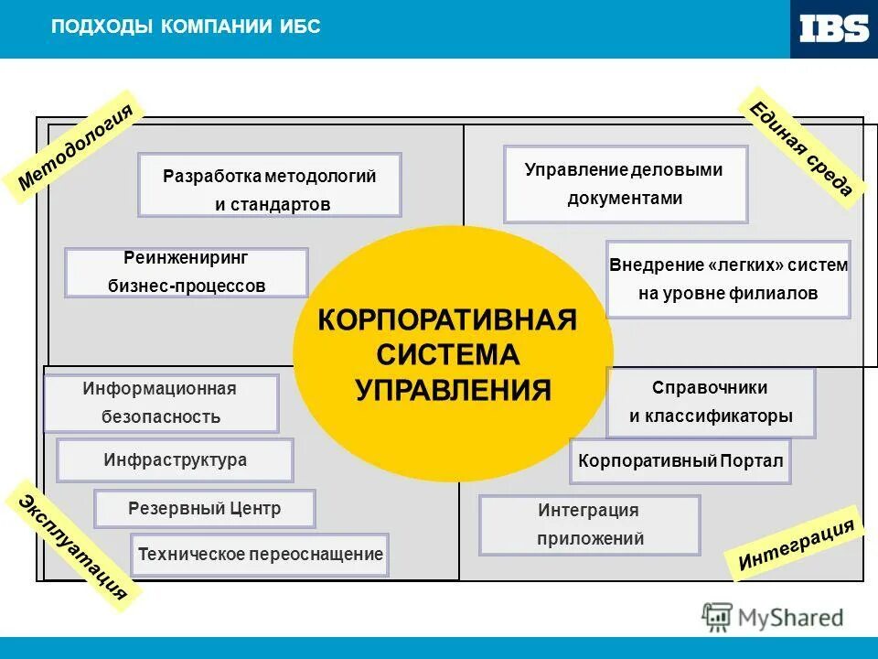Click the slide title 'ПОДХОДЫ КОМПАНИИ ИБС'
(186, 26)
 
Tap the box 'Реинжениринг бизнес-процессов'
(187, 272)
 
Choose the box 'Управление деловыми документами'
(626, 184)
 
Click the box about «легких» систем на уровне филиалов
(728, 279)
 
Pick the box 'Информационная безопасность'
(160, 403)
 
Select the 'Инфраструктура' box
(175, 460)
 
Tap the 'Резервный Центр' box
(205, 509)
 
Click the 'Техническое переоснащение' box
(260, 555)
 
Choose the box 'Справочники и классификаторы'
(710, 403)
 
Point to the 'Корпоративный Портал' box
(680, 461)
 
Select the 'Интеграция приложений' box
(589, 524)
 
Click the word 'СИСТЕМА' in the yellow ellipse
(448, 355)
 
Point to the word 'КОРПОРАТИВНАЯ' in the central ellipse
(447, 320)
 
